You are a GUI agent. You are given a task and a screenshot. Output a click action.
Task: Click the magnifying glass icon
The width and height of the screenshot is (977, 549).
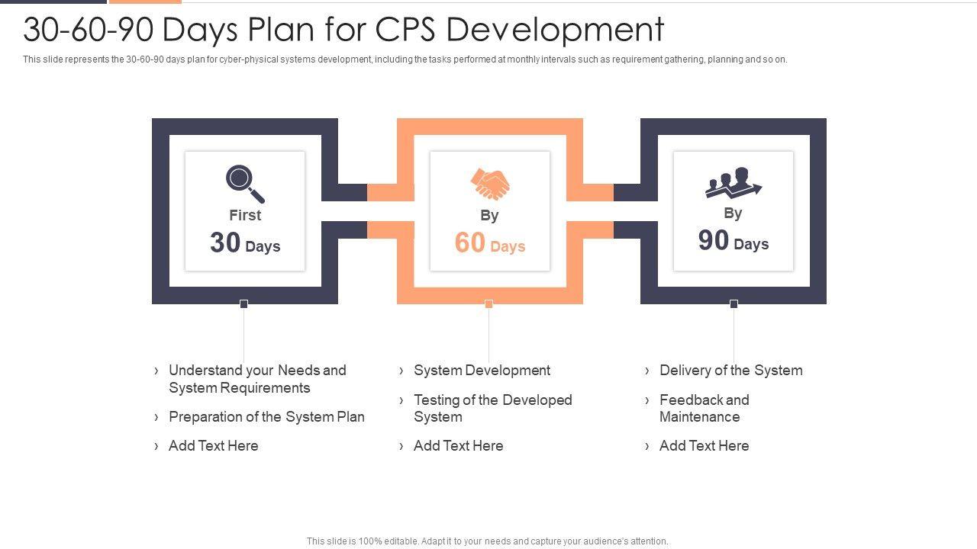coord(244,184)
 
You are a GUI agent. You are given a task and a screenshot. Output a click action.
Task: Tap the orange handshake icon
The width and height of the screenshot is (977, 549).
coord(490,184)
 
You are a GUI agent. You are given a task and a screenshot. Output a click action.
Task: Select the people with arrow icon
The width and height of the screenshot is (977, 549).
coord(733,183)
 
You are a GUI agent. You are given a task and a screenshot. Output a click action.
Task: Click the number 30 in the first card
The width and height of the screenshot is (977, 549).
coord(225,243)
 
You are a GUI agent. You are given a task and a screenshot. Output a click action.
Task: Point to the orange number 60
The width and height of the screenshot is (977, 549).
coord(470,243)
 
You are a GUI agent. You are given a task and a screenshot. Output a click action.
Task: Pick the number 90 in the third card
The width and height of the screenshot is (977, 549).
coord(714,241)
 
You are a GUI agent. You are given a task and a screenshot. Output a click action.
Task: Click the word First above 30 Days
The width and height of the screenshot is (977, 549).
coord(245,216)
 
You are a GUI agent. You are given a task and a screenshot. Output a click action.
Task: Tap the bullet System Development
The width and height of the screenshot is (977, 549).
coord(482,371)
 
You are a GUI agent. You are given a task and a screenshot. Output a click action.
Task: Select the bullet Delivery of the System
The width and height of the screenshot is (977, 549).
coord(730,371)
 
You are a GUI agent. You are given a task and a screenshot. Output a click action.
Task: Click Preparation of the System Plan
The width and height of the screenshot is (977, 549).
coord(266,417)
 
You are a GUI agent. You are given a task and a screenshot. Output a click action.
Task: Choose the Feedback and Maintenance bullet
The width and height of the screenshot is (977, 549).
coord(704,409)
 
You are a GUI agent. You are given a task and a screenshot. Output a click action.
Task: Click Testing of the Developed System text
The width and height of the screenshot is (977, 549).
coord(492,409)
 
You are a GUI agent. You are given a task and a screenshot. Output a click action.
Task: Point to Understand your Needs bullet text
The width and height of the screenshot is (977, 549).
coord(257,379)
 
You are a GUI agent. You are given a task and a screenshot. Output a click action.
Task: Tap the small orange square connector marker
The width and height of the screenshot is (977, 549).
coord(489,304)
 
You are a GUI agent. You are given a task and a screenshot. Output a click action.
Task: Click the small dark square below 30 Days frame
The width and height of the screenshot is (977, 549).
coord(244,304)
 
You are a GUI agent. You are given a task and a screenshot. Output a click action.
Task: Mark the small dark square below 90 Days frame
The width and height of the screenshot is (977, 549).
coord(734,304)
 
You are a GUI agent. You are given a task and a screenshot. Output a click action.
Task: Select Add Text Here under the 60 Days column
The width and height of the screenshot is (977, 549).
coord(458,446)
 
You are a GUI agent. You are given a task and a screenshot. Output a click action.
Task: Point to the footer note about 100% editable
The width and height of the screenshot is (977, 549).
coord(487,541)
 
